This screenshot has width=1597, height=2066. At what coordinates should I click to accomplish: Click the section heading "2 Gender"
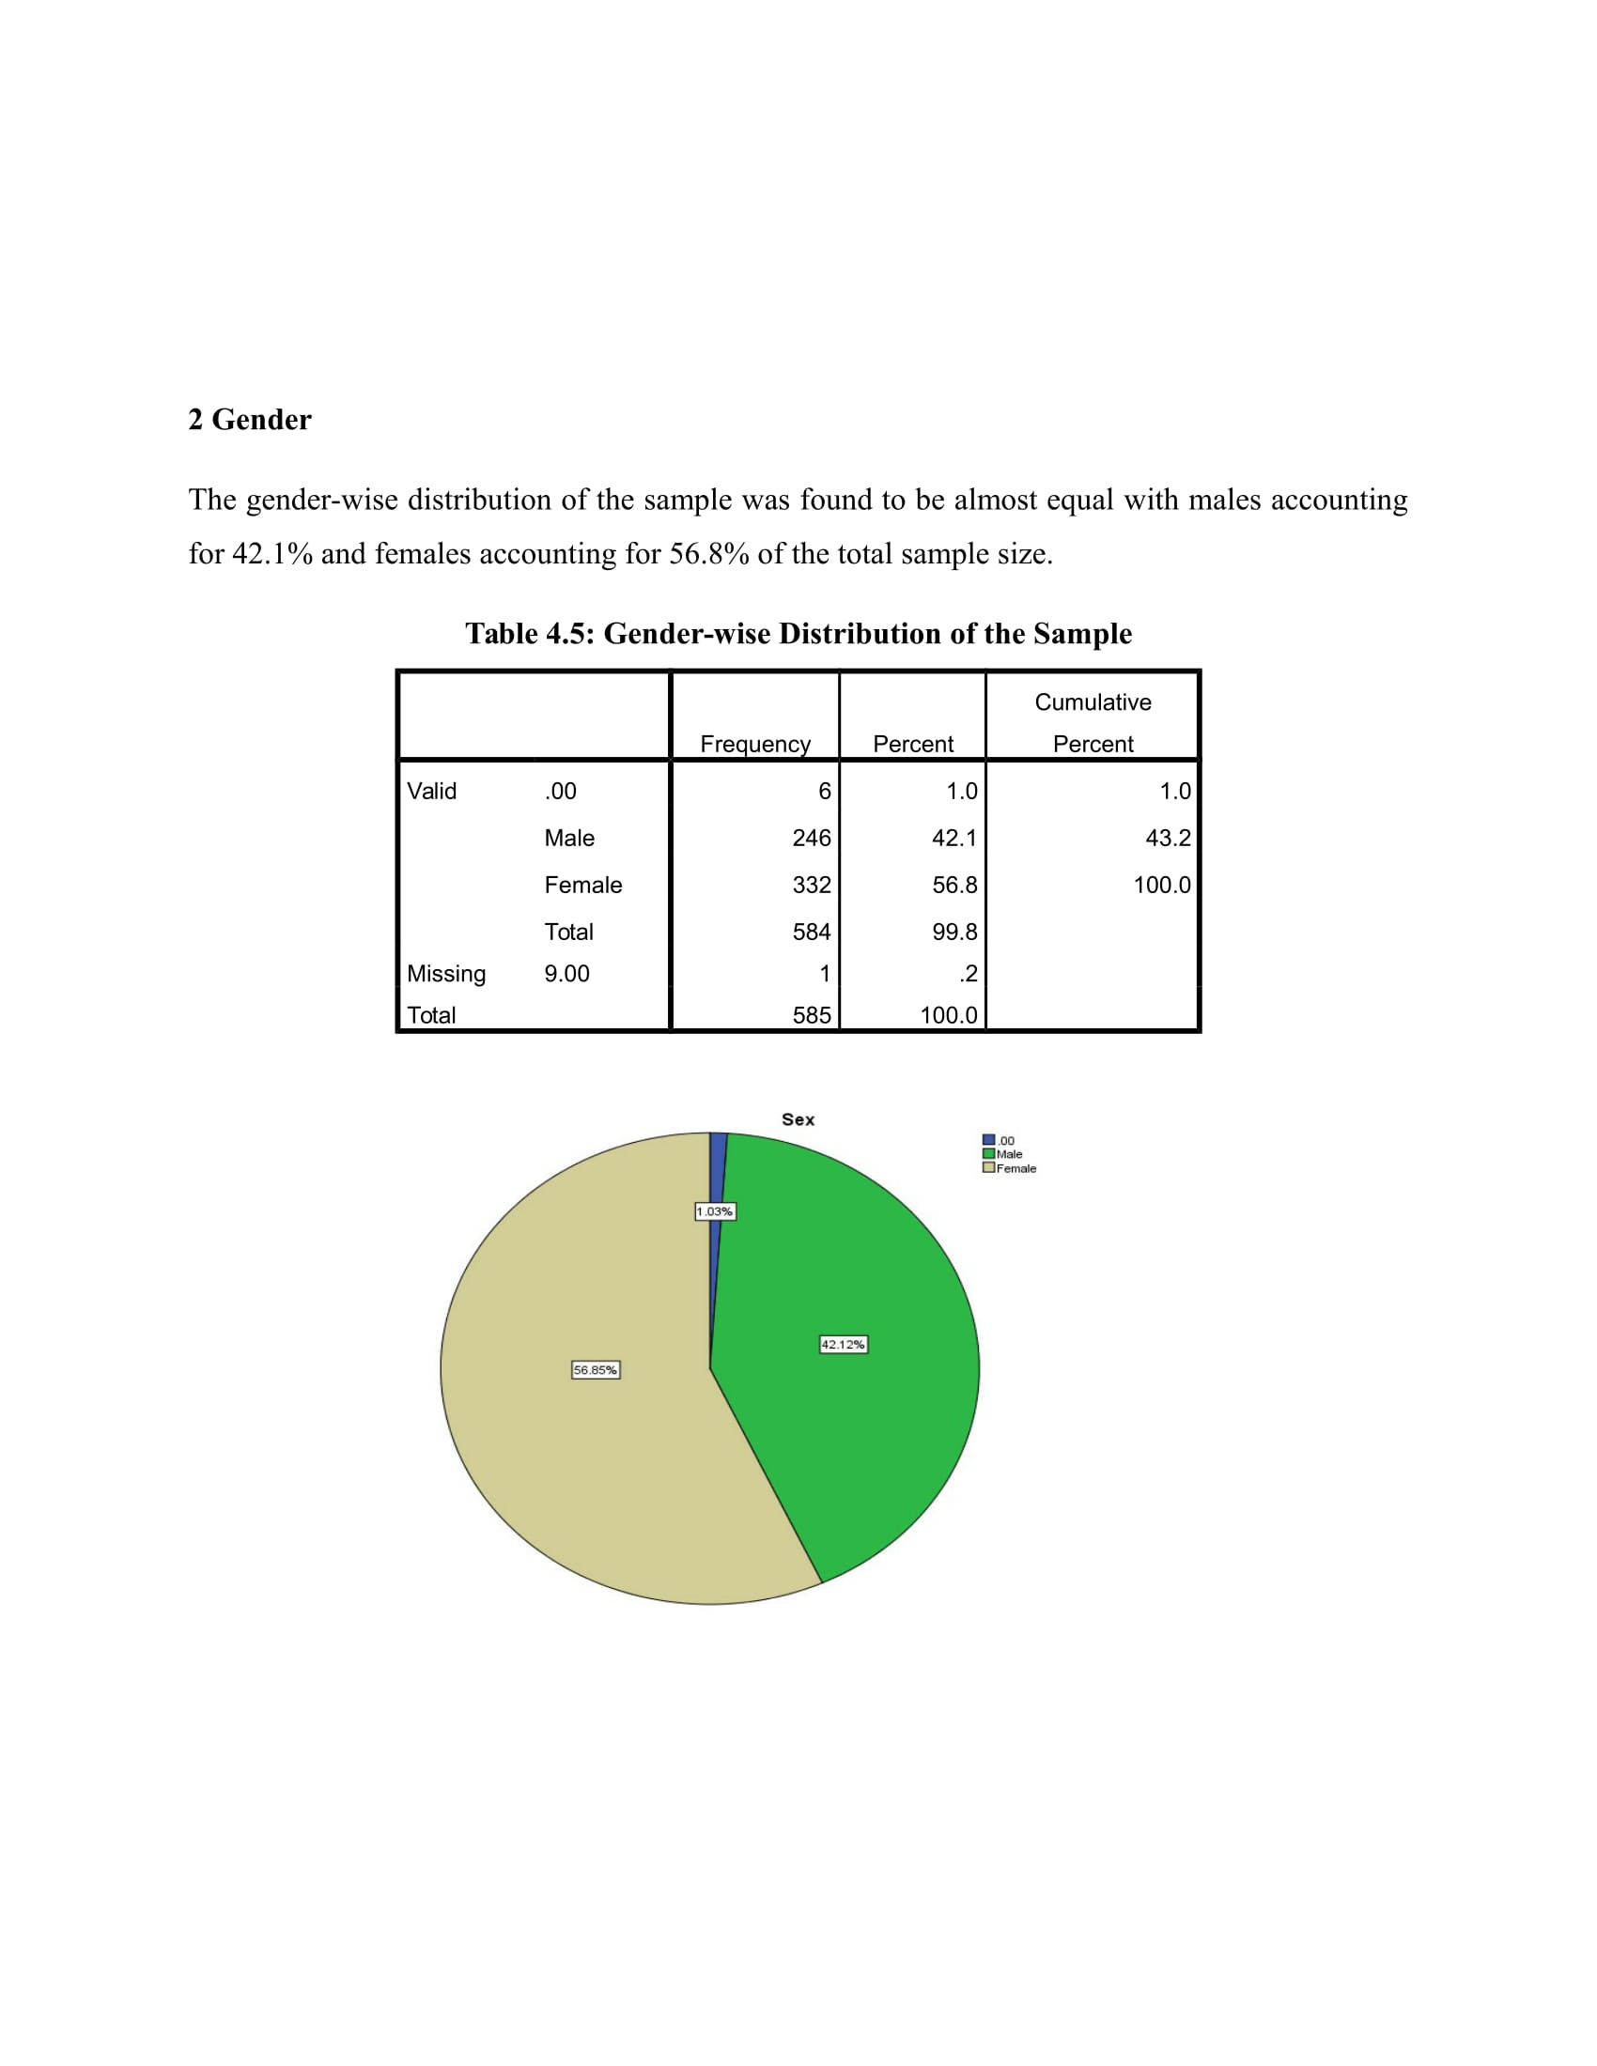click(x=250, y=419)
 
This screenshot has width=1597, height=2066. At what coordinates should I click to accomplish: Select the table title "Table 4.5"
click(x=798, y=633)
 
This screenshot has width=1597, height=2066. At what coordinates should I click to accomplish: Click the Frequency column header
click(x=755, y=744)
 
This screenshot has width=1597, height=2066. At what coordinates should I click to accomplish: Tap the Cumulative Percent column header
click(x=1093, y=723)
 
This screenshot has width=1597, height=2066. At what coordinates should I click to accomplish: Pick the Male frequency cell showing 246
click(x=811, y=838)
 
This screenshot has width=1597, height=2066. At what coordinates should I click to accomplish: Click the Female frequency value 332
click(x=811, y=886)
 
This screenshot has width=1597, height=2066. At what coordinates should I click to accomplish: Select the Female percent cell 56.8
click(x=954, y=886)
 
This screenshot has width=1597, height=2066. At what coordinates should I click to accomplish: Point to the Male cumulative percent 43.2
click(x=1168, y=838)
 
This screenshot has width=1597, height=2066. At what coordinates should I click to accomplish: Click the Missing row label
click(x=446, y=974)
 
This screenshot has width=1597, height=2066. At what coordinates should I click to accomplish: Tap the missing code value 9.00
click(x=566, y=974)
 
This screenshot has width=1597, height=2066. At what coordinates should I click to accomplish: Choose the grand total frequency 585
click(x=811, y=1015)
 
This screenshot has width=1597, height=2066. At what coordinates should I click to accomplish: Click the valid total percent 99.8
click(x=954, y=932)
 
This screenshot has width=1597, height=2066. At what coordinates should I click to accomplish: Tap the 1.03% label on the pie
click(x=714, y=1211)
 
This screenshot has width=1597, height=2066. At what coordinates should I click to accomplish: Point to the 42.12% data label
click(x=843, y=1344)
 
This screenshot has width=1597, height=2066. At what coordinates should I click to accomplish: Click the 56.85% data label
click(x=595, y=1370)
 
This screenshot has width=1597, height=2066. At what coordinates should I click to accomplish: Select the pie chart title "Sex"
click(x=798, y=1119)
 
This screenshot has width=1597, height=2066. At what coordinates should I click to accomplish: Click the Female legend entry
click(x=1011, y=1168)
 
